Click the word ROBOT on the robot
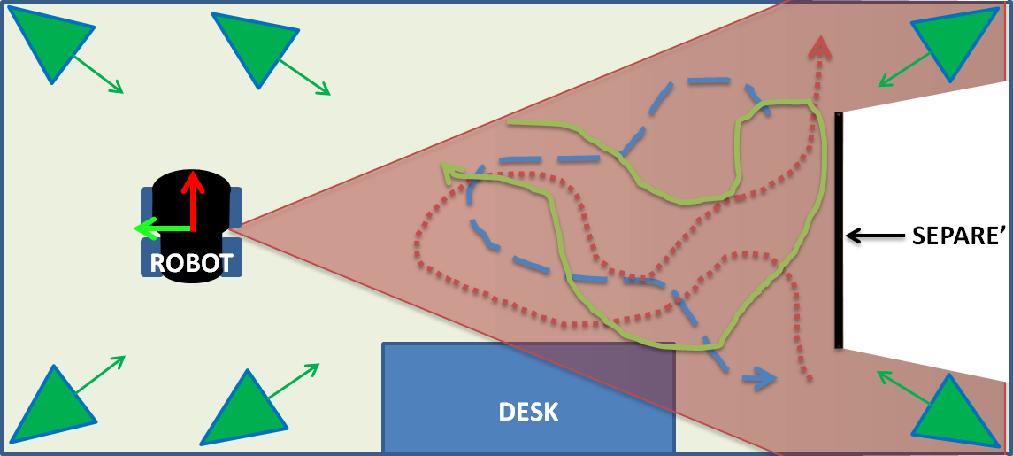point(191,263)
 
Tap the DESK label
point(528,412)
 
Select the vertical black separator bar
point(838,230)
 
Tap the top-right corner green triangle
point(955,43)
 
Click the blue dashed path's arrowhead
point(759,379)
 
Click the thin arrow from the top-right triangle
point(902,71)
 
